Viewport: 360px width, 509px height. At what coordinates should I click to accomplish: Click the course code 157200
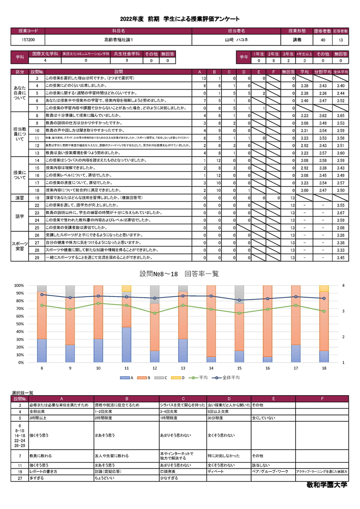28,40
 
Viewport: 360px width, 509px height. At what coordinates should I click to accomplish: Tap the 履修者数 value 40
323,40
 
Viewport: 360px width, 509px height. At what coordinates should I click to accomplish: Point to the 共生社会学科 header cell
127,54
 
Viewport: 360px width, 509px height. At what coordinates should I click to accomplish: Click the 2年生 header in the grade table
273,54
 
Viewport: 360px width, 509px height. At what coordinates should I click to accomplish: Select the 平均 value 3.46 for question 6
304,100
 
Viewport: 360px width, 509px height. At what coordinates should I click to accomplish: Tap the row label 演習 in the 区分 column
20,198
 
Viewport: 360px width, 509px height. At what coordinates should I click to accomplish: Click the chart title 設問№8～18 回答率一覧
180,274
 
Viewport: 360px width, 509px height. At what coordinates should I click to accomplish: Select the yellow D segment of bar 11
126,288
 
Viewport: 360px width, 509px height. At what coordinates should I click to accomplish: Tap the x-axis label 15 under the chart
239,368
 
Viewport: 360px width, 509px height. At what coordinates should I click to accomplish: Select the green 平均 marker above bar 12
154,313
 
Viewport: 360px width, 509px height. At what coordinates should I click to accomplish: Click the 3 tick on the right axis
343,311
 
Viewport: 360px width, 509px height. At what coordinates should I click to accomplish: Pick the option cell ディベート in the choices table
216,472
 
